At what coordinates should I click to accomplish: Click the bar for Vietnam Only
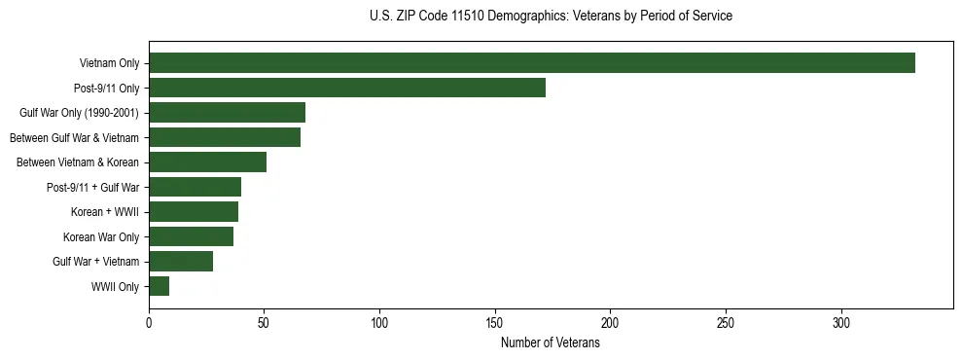pos(532,63)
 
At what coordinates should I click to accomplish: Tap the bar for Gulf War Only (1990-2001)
pos(227,113)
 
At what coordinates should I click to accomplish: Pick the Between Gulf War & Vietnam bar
pos(225,137)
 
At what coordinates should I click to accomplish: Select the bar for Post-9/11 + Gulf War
pos(195,187)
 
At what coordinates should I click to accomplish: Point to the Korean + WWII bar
pos(194,212)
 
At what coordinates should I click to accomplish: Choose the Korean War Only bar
pos(191,236)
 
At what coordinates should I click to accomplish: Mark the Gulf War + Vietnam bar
pos(181,262)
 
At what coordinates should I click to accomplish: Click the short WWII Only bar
pos(159,286)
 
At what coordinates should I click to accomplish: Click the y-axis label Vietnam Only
pos(109,63)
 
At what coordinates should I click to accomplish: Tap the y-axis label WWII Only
pos(115,287)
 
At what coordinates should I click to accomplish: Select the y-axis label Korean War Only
pos(101,237)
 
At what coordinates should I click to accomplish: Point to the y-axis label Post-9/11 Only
pos(105,89)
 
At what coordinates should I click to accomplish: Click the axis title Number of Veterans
pos(550,342)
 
